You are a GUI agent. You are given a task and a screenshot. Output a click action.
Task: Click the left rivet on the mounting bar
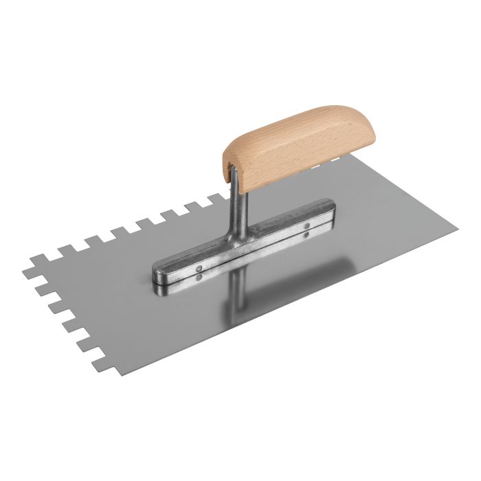[199, 270]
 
